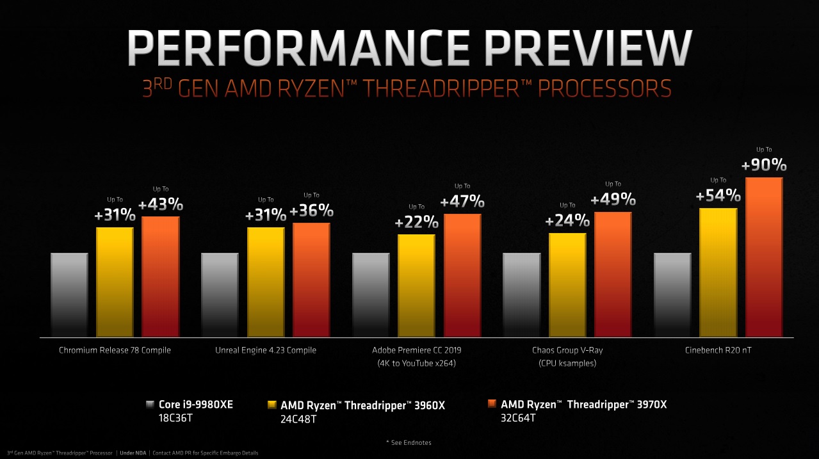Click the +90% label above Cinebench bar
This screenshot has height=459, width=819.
(764, 165)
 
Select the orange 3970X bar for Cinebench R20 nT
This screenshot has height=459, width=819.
(764, 256)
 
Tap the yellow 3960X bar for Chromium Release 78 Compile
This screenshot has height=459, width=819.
(115, 282)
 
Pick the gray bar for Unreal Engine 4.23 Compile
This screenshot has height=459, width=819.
(220, 294)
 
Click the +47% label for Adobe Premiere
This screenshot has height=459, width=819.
(462, 201)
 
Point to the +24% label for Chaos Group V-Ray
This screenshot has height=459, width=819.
(567, 221)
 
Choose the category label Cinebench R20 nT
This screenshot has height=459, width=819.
(718, 350)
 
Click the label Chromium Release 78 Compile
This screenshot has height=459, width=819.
(115, 350)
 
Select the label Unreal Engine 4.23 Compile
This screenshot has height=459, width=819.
(266, 350)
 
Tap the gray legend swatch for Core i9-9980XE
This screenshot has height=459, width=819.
(150, 405)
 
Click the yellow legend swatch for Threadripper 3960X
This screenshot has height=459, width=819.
(270, 405)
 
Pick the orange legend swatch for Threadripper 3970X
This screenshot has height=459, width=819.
(492, 405)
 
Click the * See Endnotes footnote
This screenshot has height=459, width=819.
(409, 442)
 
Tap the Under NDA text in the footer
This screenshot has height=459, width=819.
(132, 453)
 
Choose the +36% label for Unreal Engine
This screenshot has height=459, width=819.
(311, 211)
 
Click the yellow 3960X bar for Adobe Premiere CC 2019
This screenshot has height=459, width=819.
(416, 285)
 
